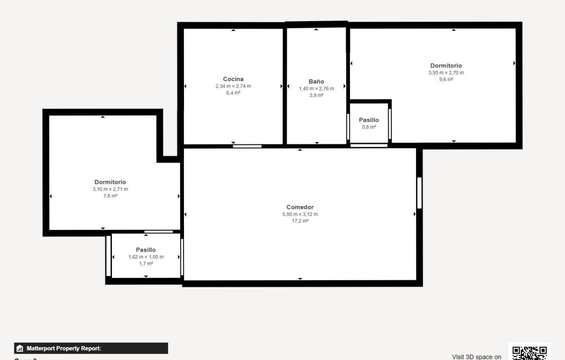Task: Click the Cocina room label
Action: click(x=233, y=79)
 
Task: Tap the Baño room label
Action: click(x=316, y=81)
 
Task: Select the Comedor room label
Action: click(x=300, y=207)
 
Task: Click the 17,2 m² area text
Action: click(x=300, y=221)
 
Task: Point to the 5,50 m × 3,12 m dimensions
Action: click(x=300, y=214)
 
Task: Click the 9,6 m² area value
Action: click(x=446, y=79)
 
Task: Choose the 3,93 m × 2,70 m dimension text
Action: click(x=446, y=72)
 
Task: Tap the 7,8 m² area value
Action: click(x=110, y=196)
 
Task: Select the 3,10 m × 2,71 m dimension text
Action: click(x=110, y=189)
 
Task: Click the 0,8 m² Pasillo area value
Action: click(x=369, y=127)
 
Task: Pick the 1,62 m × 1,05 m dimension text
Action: click(x=145, y=257)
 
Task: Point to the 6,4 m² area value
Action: click(x=233, y=93)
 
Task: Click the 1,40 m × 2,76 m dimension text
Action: click(x=316, y=88)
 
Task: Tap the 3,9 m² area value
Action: click(x=316, y=95)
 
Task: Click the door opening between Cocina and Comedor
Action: click(x=247, y=146)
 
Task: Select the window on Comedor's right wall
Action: click(x=419, y=193)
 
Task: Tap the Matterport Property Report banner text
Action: click(x=64, y=348)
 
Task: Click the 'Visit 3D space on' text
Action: click(x=476, y=356)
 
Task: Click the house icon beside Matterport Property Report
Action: click(x=20, y=348)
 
